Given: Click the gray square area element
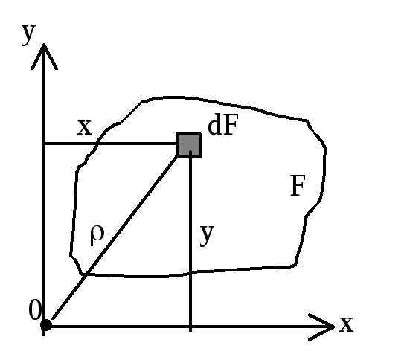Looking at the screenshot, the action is coord(189,145).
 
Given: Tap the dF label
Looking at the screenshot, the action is coord(223,125).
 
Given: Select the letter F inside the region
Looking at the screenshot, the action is coord(298,185).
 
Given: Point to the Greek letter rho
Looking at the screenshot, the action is coord(97,235).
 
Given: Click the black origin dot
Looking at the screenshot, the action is coord(46,325).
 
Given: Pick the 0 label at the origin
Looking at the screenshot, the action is coord(35,310).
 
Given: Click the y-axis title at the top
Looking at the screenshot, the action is coord(28,34).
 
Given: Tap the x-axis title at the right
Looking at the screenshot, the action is coord(346,324).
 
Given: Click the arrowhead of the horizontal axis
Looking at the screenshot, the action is coord(322,327).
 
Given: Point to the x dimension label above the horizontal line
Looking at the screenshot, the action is coord(85,127).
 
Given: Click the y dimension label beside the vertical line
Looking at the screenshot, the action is coord(207,234).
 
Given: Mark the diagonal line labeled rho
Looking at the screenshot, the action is coord(115,237).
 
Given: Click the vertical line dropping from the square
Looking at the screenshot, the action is coord(190,241).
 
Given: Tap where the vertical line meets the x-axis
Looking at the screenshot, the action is coord(190,327).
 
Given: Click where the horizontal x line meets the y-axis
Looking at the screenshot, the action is coord(44,144).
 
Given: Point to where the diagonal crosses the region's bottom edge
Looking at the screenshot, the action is coord(86,274).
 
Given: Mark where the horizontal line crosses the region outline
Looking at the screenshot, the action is coord(97,144).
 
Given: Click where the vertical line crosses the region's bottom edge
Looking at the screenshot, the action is coord(190,272).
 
